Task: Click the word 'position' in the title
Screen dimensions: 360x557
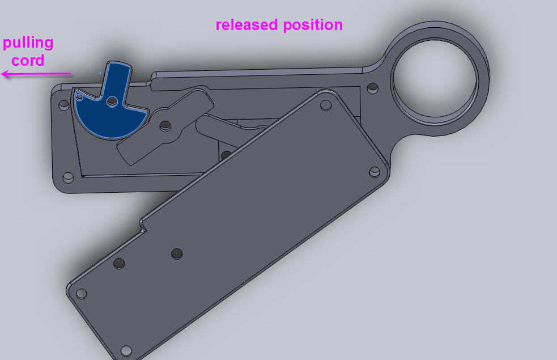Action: [314, 26]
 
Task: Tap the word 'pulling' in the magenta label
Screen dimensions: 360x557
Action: [28, 43]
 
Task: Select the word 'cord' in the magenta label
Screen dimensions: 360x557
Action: [28, 60]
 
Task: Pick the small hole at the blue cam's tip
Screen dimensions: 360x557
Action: [79, 98]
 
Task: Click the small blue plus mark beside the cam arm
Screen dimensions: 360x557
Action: [101, 73]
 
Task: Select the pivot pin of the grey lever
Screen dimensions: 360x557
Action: [165, 125]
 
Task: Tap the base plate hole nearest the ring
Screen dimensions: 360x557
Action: [372, 89]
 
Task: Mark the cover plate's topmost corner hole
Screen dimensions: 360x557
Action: [326, 105]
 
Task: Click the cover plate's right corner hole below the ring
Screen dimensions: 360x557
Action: [374, 171]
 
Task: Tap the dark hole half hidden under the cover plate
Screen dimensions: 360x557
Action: [226, 155]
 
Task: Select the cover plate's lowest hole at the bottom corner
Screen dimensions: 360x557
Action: [126, 350]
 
